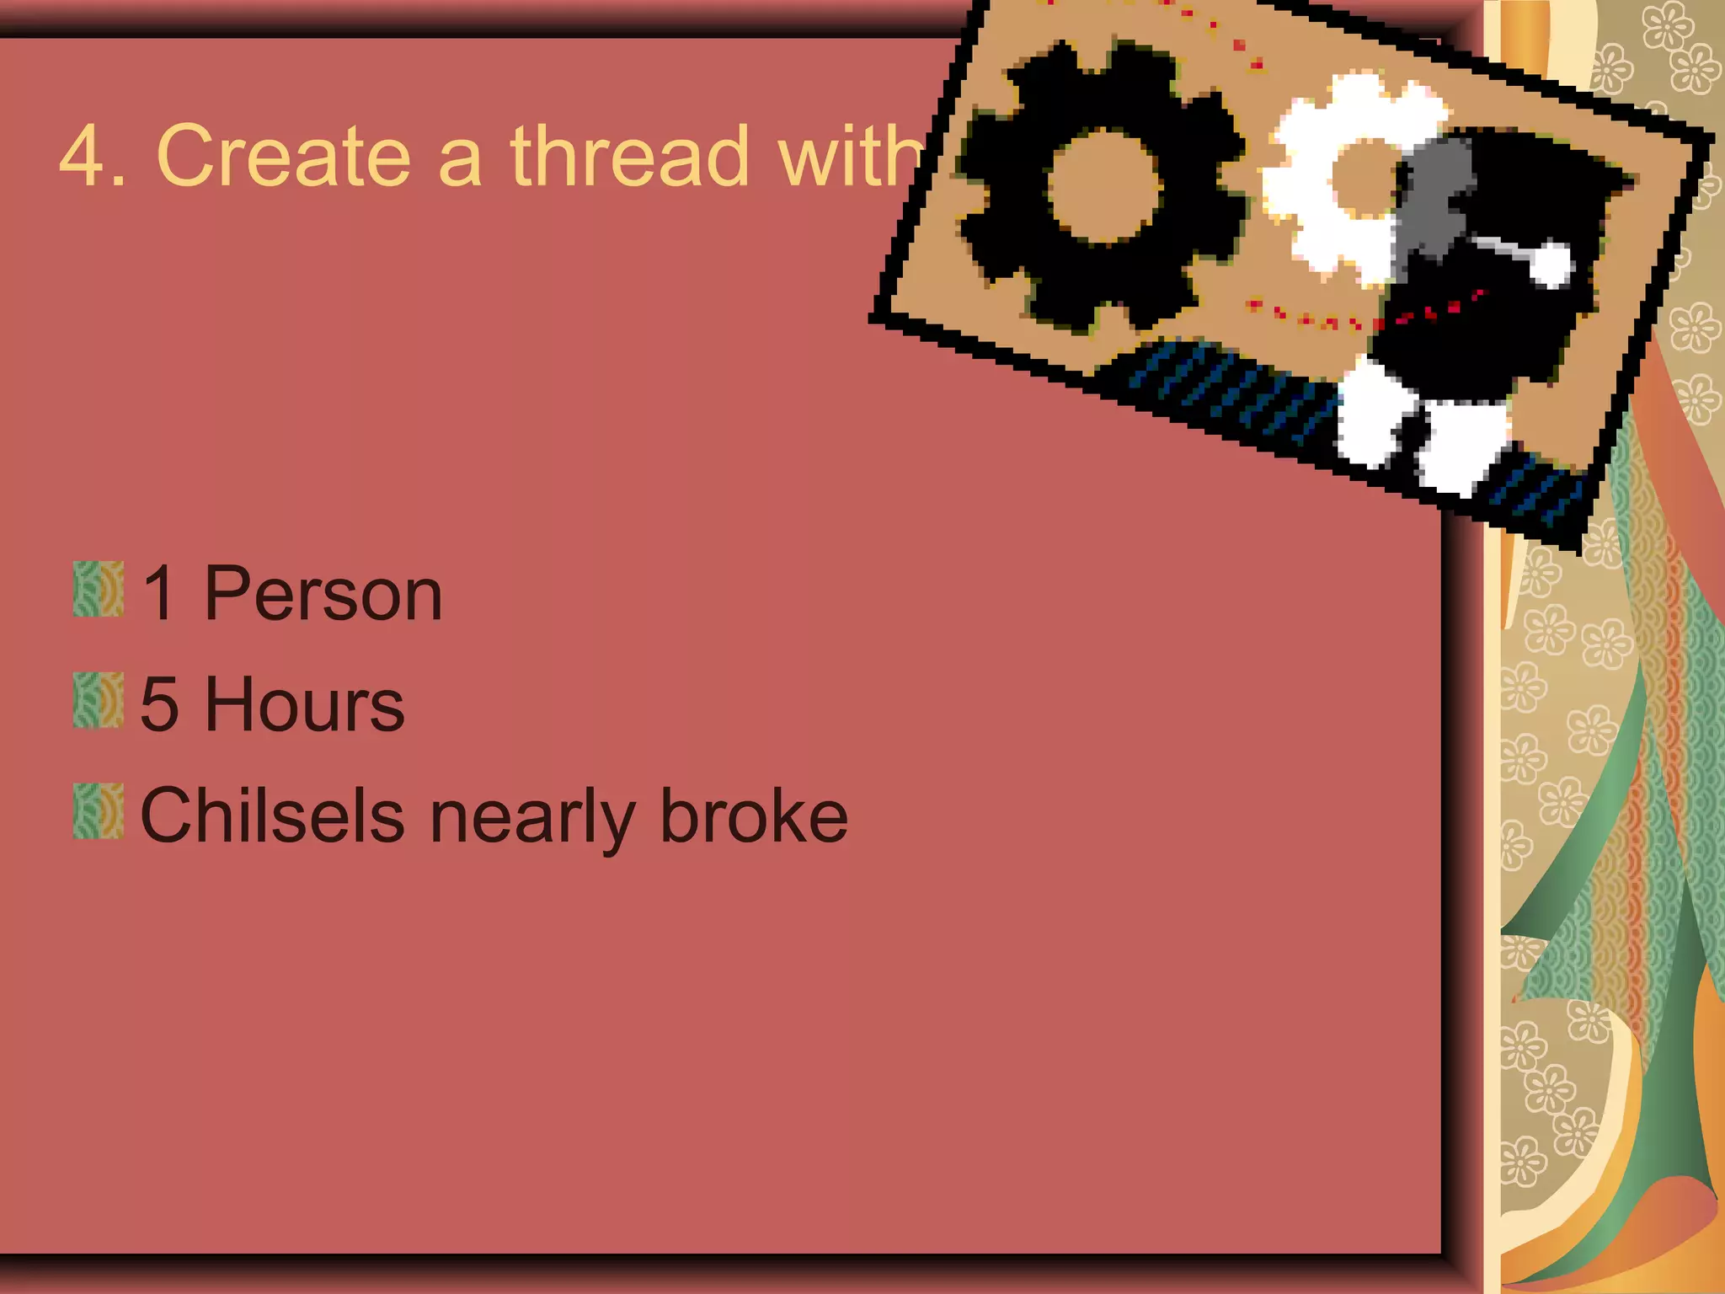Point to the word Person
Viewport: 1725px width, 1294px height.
[323, 595]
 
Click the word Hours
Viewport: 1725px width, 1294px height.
[304, 705]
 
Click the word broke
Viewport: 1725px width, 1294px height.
[754, 815]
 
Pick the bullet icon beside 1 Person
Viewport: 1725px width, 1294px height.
[99, 590]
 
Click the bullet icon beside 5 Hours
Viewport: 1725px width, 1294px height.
[99, 700]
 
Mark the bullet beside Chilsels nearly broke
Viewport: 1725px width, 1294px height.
[99, 811]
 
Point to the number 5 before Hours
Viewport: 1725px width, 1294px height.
[160, 705]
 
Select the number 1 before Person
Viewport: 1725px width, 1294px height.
[160, 595]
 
